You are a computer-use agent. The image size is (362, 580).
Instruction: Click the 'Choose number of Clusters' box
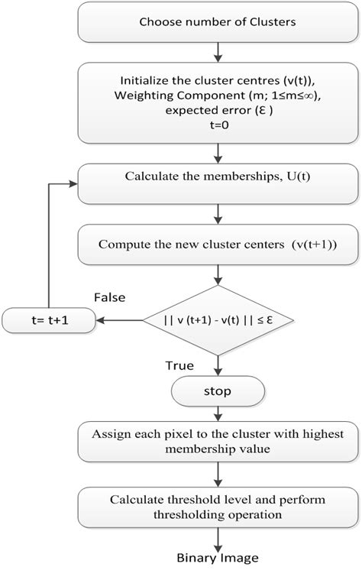[x=219, y=22]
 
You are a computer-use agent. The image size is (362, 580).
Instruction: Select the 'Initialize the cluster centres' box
[x=219, y=102]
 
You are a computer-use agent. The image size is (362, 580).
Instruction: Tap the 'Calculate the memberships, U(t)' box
[x=219, y=177]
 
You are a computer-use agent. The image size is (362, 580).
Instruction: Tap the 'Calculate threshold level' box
[x=219, y=507]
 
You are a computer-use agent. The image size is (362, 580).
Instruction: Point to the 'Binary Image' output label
[x=219, y=558]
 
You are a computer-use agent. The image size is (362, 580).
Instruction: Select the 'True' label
[x=179, y=365]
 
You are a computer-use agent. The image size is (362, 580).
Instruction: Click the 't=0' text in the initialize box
[x=218, y=125]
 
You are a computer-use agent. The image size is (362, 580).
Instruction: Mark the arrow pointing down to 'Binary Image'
[x=219, y=538]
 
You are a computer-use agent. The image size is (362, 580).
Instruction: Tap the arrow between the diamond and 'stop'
[x=219, y=369]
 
